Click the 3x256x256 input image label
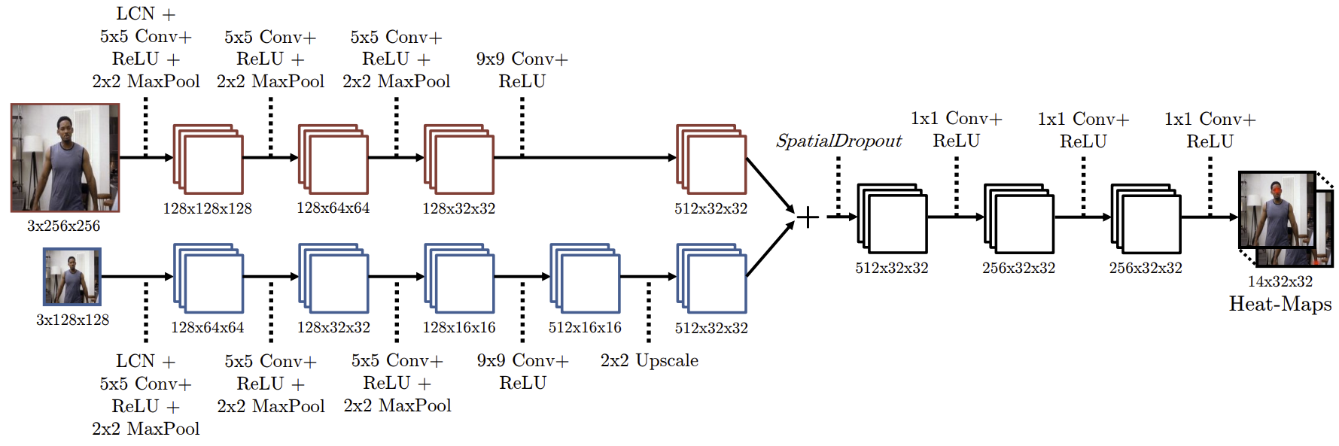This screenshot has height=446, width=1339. (63, 226)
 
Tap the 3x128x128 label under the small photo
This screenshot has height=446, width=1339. (72, 320)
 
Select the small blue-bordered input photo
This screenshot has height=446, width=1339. (72, 277)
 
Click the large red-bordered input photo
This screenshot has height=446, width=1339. (65, 158)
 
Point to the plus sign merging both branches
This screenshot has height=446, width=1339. (808, 217)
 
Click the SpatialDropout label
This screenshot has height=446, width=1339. (838, 141)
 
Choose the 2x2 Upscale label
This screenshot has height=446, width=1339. (649, 361)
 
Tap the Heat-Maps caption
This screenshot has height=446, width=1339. (1280, 304)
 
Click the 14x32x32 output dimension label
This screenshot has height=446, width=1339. (1280, 281)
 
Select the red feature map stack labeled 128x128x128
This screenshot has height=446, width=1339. (208, 159)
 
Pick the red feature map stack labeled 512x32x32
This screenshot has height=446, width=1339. (711, 159)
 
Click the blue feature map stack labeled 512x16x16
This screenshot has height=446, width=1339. (585, 278)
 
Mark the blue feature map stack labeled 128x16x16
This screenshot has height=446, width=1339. (459, 278)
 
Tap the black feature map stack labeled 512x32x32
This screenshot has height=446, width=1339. (892, 218)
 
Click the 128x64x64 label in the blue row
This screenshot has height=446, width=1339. (207, 328)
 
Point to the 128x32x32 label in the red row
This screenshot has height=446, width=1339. (458, 208)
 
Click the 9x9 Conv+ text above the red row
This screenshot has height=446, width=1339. (522, 59)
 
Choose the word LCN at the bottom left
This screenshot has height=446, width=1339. (135, 361)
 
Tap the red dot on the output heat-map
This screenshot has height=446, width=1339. (1277, 190)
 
